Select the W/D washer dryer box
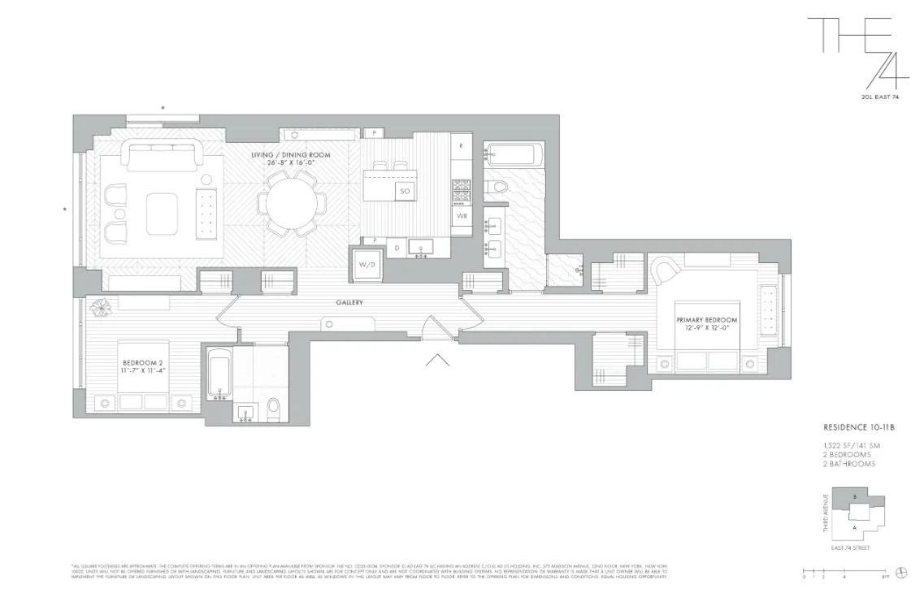click(365, 264)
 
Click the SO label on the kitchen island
click(403, 192)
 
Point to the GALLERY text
click(349, 303)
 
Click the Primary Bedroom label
click(706, 324)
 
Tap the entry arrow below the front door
click(437, 360)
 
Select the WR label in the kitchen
click(461, 216)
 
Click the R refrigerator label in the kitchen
click(461, 146)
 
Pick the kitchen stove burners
click(461, 190)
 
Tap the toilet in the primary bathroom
click(496, 188)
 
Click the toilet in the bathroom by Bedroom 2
click(274, 406)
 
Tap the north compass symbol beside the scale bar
click(900, 572)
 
